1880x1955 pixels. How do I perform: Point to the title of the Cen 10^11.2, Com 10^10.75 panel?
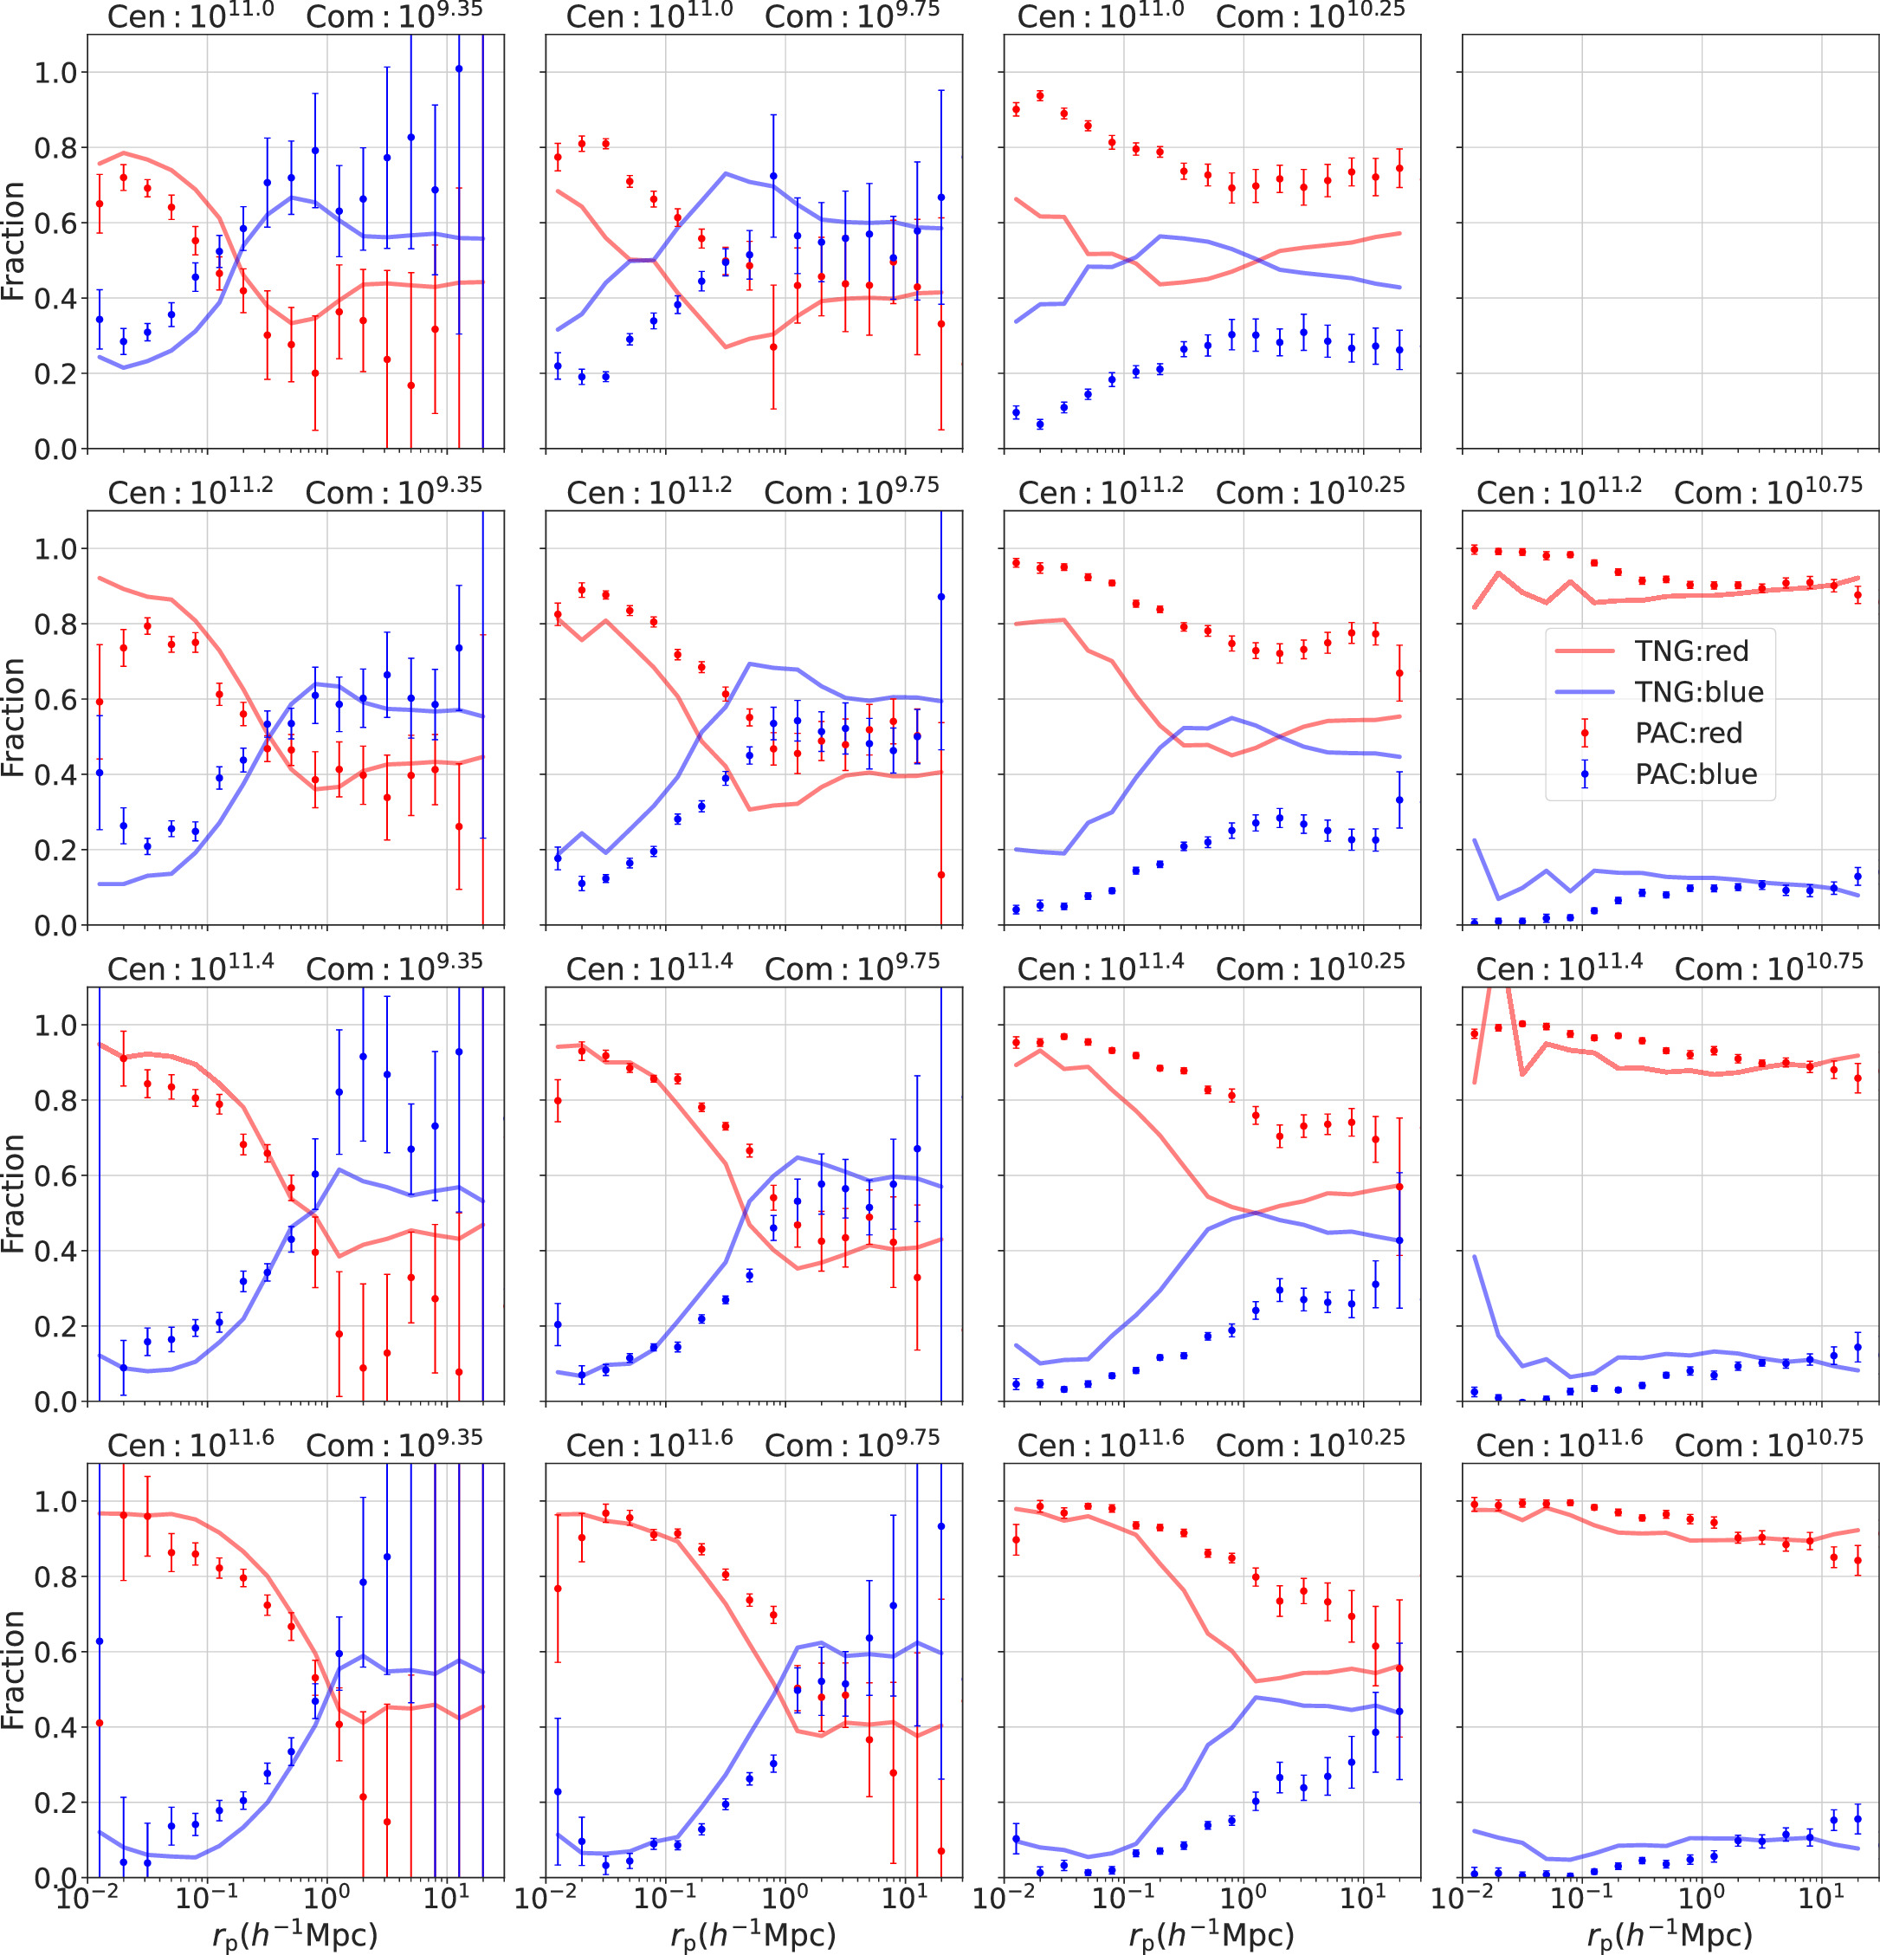click(1670, 492)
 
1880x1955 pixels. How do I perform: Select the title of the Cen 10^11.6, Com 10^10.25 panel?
click(1211, 1444)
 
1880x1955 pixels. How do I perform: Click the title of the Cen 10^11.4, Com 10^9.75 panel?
click(753, 968)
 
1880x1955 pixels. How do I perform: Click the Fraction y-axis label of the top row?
click(13, 242)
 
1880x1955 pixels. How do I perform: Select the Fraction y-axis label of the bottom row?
click(13, 1670)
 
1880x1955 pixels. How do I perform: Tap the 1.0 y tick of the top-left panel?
click(55, 73)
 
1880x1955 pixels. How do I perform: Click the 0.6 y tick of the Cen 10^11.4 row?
click(55, 1176)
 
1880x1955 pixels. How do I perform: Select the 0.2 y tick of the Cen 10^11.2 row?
click(55, 850)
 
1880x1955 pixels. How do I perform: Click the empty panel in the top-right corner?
click(1670, 242)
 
